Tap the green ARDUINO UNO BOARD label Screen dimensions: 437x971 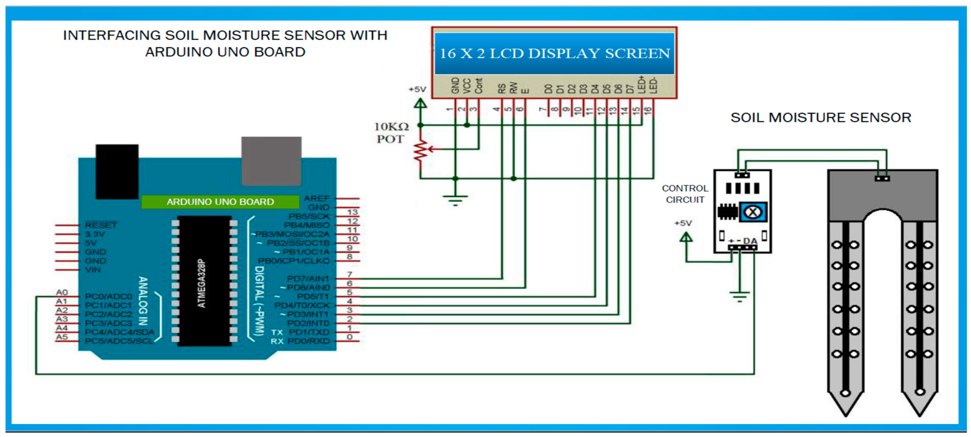coord(220,202)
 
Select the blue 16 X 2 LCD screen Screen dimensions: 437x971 coord(554,53)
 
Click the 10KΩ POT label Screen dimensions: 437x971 coord(391,133)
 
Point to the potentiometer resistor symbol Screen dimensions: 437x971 coord(421,151)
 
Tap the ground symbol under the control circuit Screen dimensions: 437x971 coord(740,296)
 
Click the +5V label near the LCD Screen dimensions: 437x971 coord(417,89)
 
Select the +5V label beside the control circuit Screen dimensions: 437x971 coord(683,223)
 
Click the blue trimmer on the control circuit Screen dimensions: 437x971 coord(753,212)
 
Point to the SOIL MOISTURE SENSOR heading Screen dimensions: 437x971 coord(821,118)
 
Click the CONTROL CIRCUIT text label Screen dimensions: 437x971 coord(685,194)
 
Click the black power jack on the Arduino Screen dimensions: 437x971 coord(117,172)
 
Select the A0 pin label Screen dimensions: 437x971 coord(62,292)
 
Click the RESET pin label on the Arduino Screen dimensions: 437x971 coord(101,225)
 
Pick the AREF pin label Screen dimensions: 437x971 coord(317,198)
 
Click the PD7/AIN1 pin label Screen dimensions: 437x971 coord(308,279)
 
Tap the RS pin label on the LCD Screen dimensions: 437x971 coord(502,89)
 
